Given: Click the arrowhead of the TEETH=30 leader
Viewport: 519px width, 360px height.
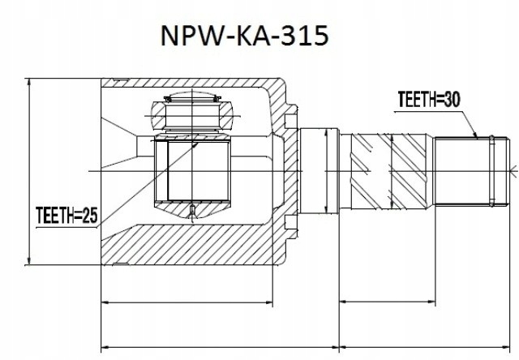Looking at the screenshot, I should click(x=478, y=135).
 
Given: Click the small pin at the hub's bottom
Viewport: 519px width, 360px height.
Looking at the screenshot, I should click(x=192, y=213).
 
